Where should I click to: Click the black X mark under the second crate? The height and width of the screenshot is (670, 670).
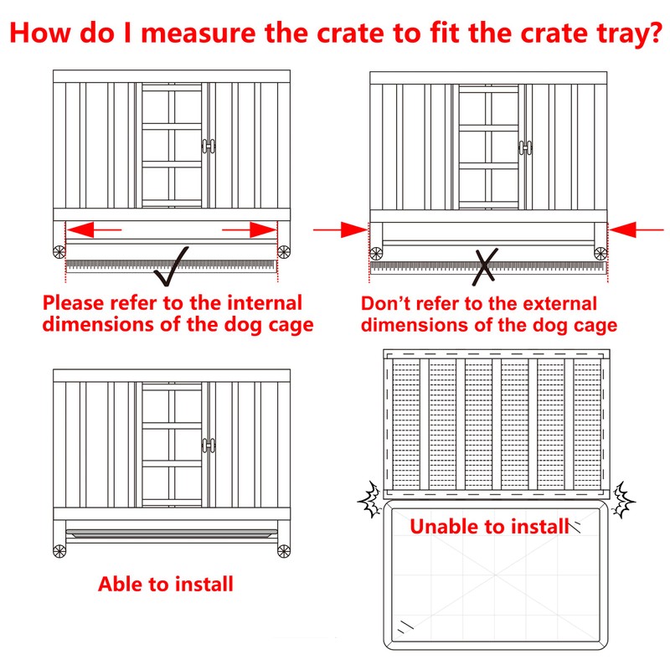[485, 267]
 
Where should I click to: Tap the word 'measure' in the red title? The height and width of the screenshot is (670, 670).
[198, 33]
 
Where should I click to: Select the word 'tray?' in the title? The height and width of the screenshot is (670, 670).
[630, 34]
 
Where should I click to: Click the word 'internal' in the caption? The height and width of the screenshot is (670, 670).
[265, 303]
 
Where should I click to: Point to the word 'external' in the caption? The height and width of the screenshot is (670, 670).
[559, 304]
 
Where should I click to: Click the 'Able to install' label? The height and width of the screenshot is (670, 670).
[166, 584]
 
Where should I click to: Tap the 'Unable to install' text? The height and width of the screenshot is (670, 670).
[490, 526]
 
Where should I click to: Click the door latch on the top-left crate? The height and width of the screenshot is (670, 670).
[209, 146]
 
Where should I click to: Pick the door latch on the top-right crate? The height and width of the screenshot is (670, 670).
[526, 148]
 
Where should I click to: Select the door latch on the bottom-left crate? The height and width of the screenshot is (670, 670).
[209, 445]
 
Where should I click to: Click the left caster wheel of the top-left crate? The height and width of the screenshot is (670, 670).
[59, 252]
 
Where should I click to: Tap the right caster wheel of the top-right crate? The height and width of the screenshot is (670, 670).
[600, 254]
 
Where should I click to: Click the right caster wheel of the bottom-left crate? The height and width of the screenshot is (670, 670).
[284, 551]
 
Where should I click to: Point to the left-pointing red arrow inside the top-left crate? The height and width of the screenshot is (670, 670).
[95, 229]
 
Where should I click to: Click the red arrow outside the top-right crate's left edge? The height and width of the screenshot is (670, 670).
[340, 229]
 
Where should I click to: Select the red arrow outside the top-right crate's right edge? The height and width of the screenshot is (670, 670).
[636, 229]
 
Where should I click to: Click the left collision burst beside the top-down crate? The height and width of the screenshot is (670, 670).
[370, 499]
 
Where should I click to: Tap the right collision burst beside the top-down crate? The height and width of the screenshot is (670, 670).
[623, 499]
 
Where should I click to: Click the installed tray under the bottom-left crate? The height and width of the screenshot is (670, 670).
[172, 533]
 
